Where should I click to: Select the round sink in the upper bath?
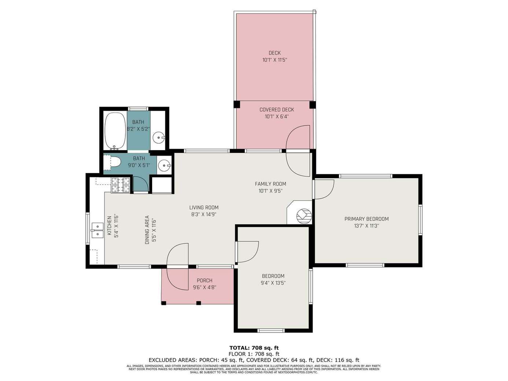159,137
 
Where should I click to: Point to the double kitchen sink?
97,230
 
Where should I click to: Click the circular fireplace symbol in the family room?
304,216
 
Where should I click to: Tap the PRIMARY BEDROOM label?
367,219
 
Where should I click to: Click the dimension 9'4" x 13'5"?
273,283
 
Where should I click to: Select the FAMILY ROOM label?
270,184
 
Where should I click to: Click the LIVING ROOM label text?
204,207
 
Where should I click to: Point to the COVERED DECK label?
277,110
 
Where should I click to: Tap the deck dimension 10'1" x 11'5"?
275,60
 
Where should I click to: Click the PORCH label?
205,281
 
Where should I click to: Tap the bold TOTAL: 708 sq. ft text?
254,348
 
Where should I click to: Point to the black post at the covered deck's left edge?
237,104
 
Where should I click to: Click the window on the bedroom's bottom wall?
271,330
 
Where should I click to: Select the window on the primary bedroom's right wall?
420,220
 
